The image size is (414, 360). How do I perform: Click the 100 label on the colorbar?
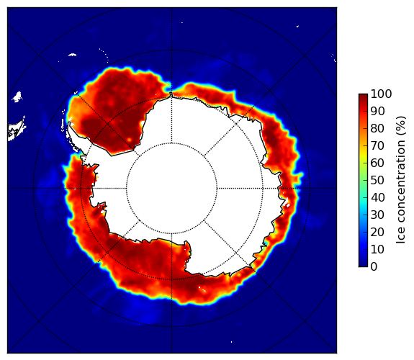[381, 94]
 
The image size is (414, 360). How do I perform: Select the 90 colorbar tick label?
[377, 111]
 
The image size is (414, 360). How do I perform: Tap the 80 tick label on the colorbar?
[377, 129]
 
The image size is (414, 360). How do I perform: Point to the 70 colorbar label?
[377, 145]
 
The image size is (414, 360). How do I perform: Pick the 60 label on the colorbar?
[377, 163]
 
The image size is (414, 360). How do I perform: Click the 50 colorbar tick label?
[377, 181]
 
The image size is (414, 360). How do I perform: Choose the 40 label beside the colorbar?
[377, 197]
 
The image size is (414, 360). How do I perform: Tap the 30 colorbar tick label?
[377, 215]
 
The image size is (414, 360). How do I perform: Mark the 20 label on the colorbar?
[377, 232]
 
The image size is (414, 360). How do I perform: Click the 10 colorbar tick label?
[377, 249]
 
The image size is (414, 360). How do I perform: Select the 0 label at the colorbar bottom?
[374, 267]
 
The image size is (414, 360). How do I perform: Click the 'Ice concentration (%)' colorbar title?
[401, 180]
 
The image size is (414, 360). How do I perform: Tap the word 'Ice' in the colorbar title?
[401, 237]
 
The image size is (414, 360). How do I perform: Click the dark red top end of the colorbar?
[363, 96]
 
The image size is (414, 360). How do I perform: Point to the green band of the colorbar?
[363, 181]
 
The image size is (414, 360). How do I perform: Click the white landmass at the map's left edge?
[16, 131]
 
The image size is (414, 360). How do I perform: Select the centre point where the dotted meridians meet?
[171, 189]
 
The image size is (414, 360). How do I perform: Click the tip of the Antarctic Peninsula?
[69, 123]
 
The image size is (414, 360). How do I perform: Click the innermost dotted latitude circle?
[171, 143]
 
